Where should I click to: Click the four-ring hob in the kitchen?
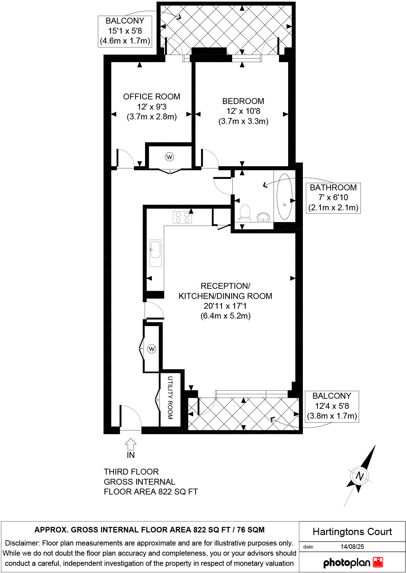182,217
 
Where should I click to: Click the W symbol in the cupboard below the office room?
169,157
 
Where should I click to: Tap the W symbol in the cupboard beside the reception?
152,349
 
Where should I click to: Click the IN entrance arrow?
131,445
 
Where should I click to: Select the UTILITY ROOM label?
170,398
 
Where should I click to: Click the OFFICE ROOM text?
152,96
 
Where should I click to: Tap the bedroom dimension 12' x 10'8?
243,111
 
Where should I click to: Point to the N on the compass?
360,476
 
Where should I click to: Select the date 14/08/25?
352,547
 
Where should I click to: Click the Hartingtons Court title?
352,532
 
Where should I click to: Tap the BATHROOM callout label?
333,188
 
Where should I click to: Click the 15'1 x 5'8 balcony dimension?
125,31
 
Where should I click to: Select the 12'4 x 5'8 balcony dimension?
332,406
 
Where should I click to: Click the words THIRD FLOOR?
131,472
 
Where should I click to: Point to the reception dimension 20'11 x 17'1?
225,306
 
